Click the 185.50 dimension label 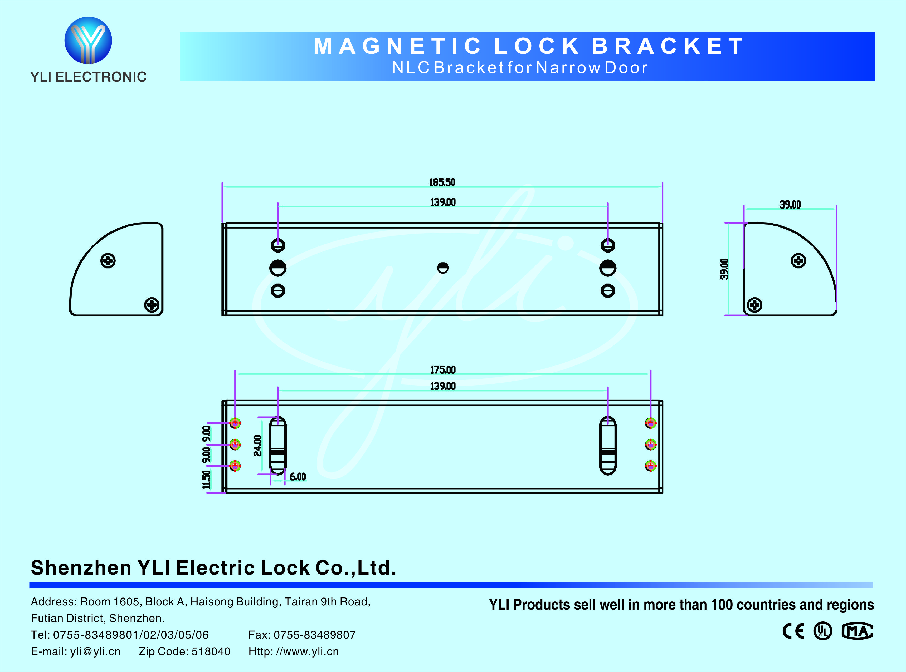coord(442,182)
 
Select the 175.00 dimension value coord(443,370)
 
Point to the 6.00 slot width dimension coord(298,477)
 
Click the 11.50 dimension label coord(207,480)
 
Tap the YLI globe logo coord(88,40)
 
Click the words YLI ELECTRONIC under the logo coord(88,77)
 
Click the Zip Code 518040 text coord(184,651)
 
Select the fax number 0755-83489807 coord(315,635)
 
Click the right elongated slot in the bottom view coord(608,446)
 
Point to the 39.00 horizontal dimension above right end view coord(790,205)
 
